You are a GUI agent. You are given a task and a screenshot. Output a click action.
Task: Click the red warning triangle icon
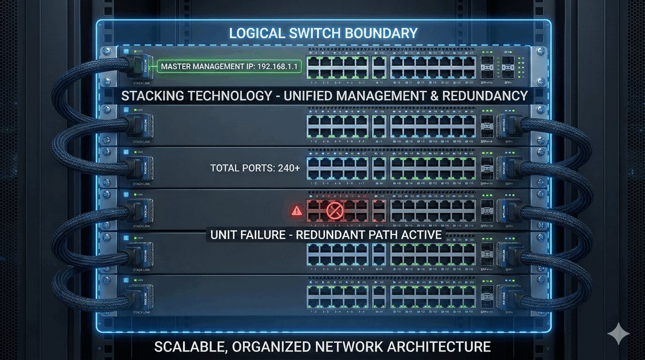296,211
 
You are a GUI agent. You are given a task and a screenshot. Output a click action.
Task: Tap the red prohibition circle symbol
334,211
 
